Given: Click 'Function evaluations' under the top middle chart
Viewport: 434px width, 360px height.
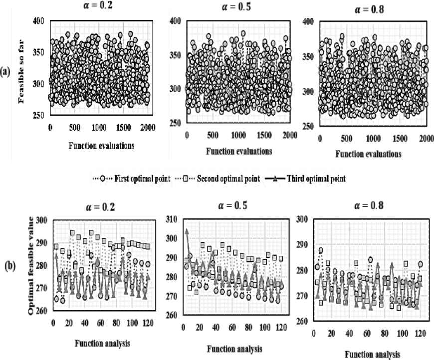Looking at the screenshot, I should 237,151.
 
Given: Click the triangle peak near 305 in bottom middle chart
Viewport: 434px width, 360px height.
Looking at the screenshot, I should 187,231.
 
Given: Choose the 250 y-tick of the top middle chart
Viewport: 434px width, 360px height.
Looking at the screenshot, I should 174,123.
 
